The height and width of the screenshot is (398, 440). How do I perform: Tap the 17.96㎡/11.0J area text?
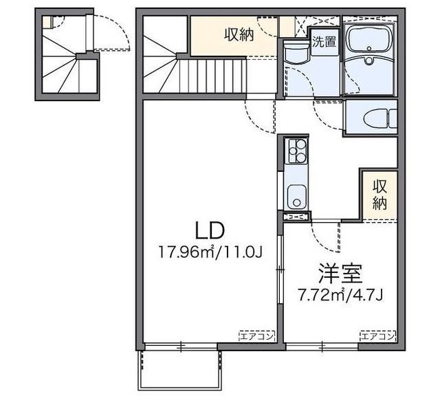point(210,252)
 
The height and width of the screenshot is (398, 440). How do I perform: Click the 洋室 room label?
point(340,273)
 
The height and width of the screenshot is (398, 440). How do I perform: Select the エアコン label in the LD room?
point(256,336)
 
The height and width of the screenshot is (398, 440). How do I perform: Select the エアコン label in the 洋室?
point(377,336)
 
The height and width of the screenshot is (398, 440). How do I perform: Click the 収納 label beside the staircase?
point(239,35)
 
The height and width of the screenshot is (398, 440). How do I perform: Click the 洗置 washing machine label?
point(324,42)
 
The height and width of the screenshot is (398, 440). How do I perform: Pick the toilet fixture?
point(379,118)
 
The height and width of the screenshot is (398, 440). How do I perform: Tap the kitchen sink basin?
point(296,197)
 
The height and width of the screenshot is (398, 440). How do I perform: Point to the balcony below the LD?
point(179,370)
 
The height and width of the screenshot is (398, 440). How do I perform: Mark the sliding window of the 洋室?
point(322,346)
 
